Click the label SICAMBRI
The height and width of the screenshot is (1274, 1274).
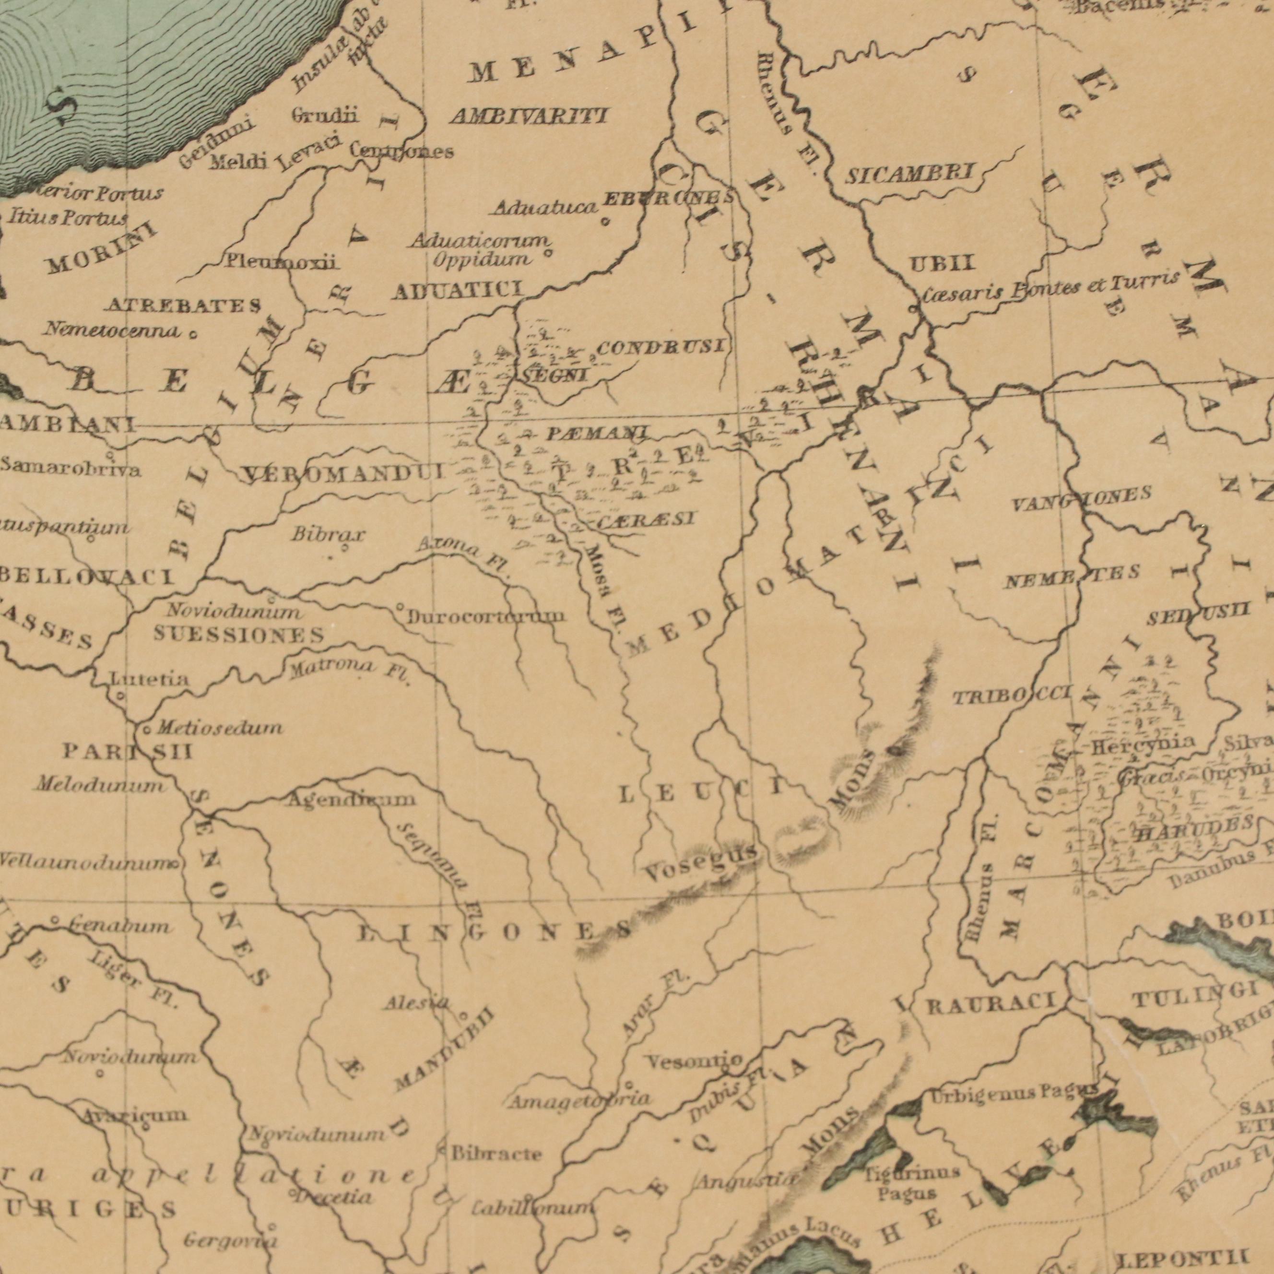(909, 175)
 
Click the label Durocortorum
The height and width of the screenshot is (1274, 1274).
(486, 616)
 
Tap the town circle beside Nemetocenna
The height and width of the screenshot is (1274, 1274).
(192, 334)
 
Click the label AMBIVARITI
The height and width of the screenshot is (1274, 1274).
(528, 117)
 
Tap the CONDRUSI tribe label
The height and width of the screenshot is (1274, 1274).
(660, 345)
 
